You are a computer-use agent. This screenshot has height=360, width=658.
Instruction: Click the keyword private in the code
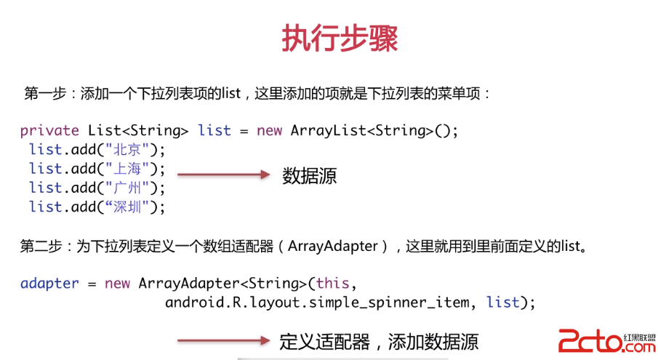(x=49, y=131)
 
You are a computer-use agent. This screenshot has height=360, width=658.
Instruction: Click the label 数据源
(x=309, y=175)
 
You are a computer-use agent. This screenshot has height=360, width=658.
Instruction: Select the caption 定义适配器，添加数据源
(x=379, y=341)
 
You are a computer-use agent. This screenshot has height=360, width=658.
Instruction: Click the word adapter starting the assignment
(x=49, y=283)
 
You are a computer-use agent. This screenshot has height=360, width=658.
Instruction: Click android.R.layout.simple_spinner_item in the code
(x=317, y=302)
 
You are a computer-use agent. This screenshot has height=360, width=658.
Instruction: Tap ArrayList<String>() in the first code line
(x=374, y=131)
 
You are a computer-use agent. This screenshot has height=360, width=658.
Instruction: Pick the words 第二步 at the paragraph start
(x=39, y=246)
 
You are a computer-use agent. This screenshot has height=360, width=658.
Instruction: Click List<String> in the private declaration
(x=138, y=131)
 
